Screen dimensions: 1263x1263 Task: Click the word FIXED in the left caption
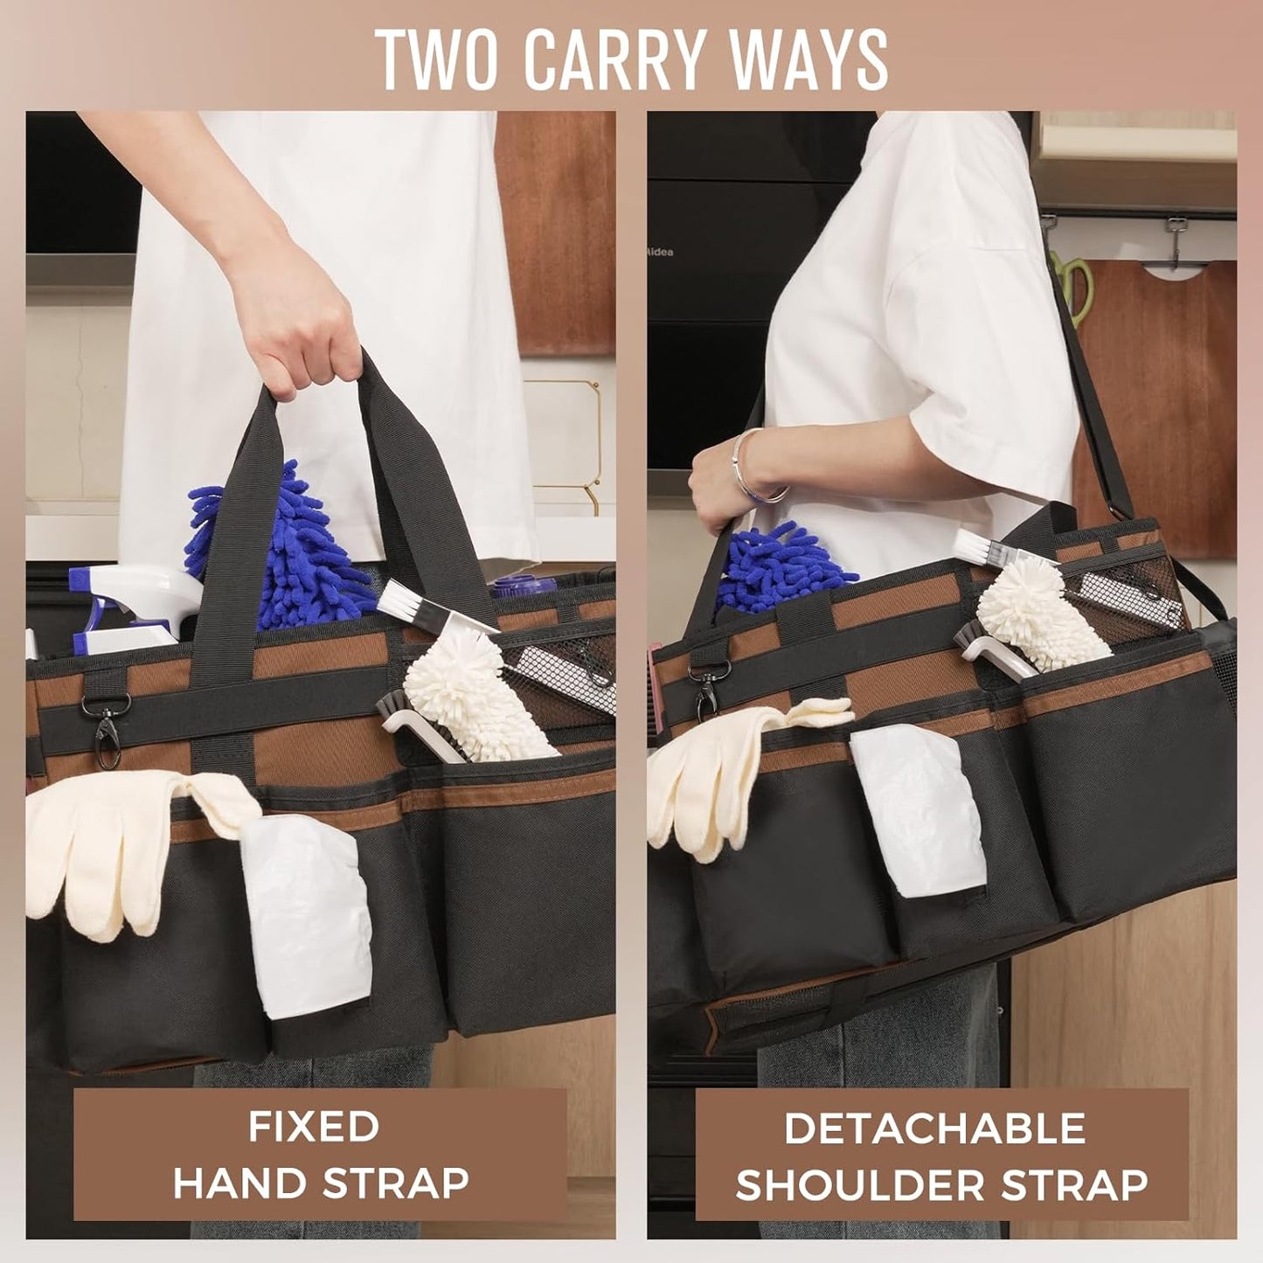(313, 1127)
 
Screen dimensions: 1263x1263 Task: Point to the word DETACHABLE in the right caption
(934, 1128)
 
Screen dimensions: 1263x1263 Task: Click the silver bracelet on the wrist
(752, 468)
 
